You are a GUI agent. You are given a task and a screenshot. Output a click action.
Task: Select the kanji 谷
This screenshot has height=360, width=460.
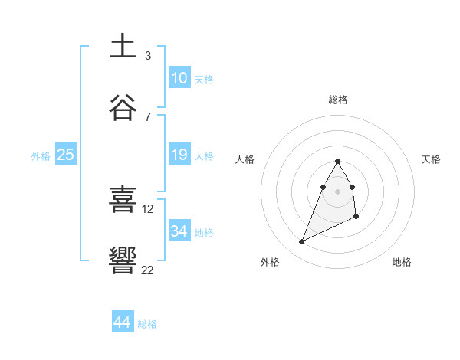coord(123,108)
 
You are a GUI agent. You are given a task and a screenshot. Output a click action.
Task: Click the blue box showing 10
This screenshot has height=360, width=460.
coord(179,78)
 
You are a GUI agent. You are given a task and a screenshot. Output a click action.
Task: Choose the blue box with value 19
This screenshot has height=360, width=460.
coord(179,155)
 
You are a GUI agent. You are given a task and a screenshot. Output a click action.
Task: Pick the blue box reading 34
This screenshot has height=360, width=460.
coord(179,231)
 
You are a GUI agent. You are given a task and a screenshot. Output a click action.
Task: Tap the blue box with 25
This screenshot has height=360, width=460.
coord(66,155)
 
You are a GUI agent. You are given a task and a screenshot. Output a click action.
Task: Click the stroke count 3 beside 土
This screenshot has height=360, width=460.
coord(147,56)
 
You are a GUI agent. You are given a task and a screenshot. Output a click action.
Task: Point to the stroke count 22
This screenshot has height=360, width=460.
coord(147,270)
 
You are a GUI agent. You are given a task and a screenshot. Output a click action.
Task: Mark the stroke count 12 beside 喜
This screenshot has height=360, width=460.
coord(148,208)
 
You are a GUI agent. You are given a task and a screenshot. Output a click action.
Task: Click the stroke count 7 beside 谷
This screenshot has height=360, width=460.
coord(147,116)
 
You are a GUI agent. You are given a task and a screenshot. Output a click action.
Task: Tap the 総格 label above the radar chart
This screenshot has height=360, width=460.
coord(338,100)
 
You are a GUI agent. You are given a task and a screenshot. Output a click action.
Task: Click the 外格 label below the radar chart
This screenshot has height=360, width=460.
coord(270,262)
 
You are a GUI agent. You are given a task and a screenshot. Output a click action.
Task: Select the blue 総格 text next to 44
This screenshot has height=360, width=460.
coord(147,324)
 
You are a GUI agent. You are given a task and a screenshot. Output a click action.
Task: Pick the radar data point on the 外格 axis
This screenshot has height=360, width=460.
coord(301,242)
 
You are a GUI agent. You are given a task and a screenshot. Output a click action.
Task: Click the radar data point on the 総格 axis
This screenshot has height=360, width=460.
coord(337,161)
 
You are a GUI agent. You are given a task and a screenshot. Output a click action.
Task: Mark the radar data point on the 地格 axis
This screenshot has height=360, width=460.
coord(357,218)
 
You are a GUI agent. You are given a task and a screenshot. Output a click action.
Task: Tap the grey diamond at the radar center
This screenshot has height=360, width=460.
coord(337,191)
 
